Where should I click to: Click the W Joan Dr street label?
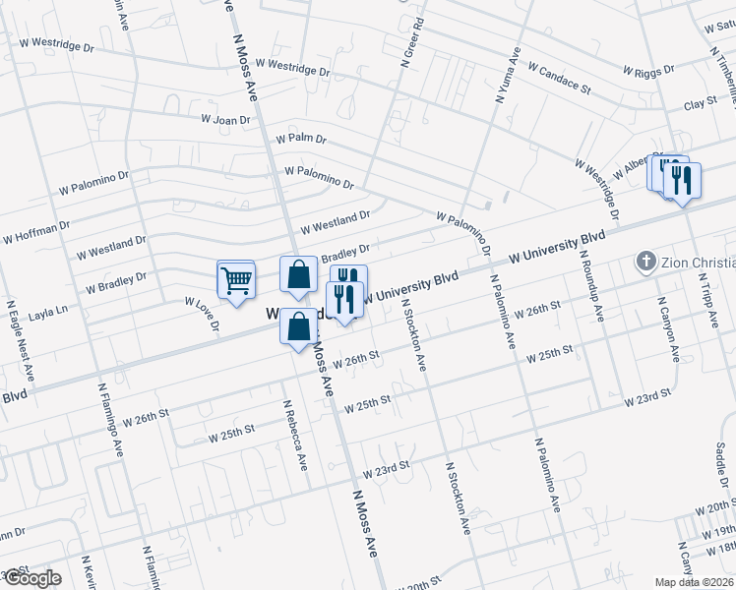225,119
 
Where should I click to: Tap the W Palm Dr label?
300,139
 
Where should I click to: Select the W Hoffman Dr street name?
35,232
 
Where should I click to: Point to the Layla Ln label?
47,309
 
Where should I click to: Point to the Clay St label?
698,103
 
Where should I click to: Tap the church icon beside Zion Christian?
645,261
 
